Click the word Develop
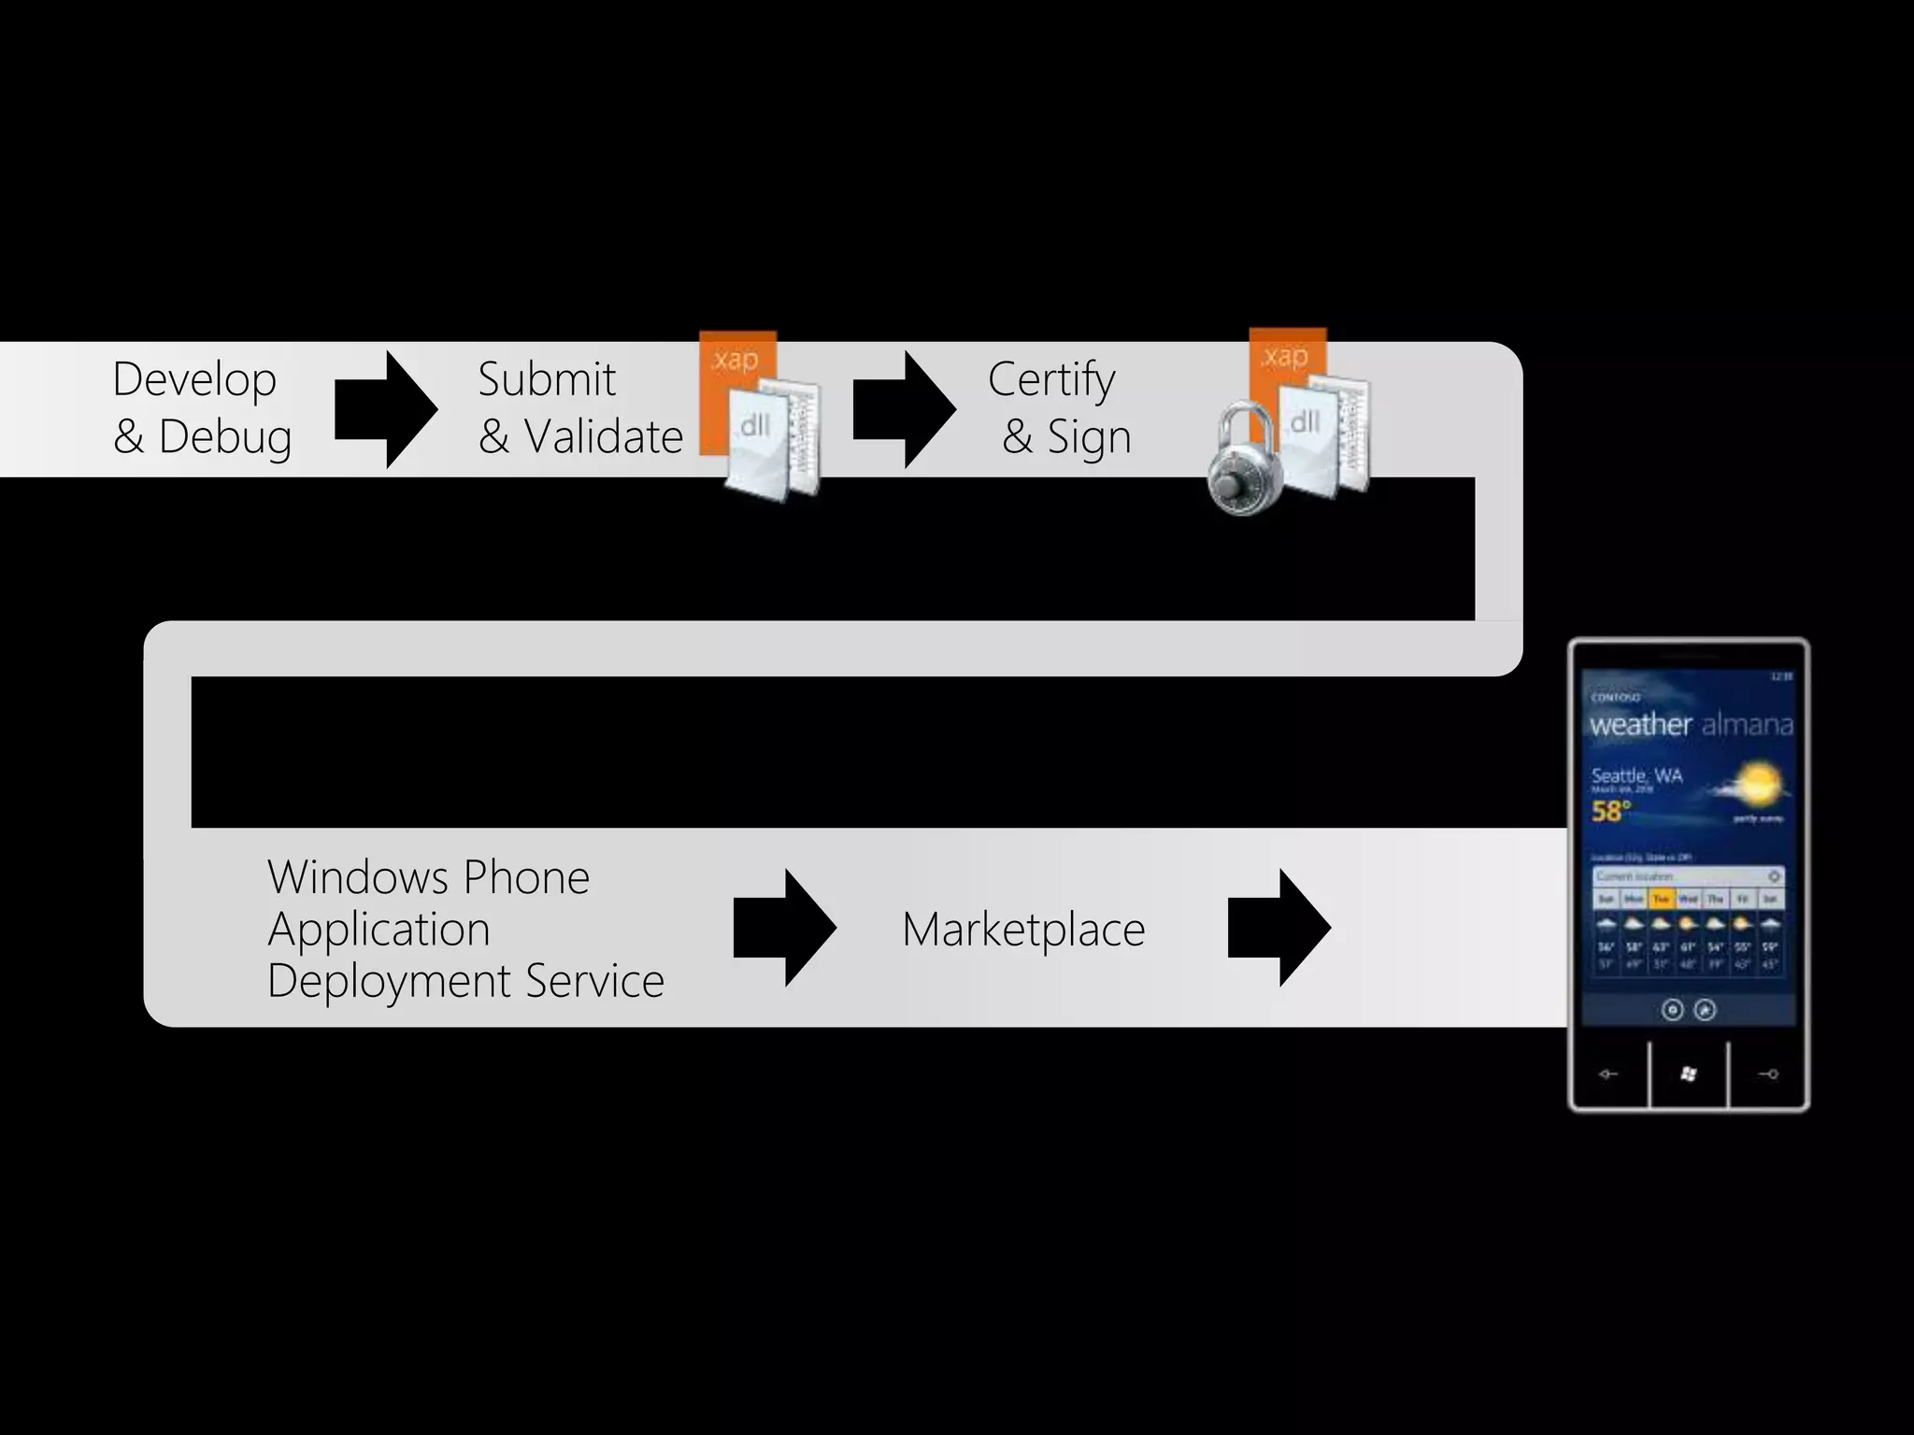click(194, 380)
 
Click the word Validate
click(603, 436)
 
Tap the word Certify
click(1051, 380)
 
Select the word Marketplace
click(1023, 930)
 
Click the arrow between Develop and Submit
click(385, 409)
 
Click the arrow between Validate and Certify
click(904, 409)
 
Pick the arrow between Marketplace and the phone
click(1278, 928)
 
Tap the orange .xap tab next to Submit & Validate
click(736, 360)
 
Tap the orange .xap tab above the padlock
click(1286, 356)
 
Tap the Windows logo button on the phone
click(1688, 1074)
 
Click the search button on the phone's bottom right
click(1768, 1074)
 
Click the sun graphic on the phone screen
click(1757, 783)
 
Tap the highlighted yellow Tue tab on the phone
click(1661, 899)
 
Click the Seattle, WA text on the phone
click(1636, 775)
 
